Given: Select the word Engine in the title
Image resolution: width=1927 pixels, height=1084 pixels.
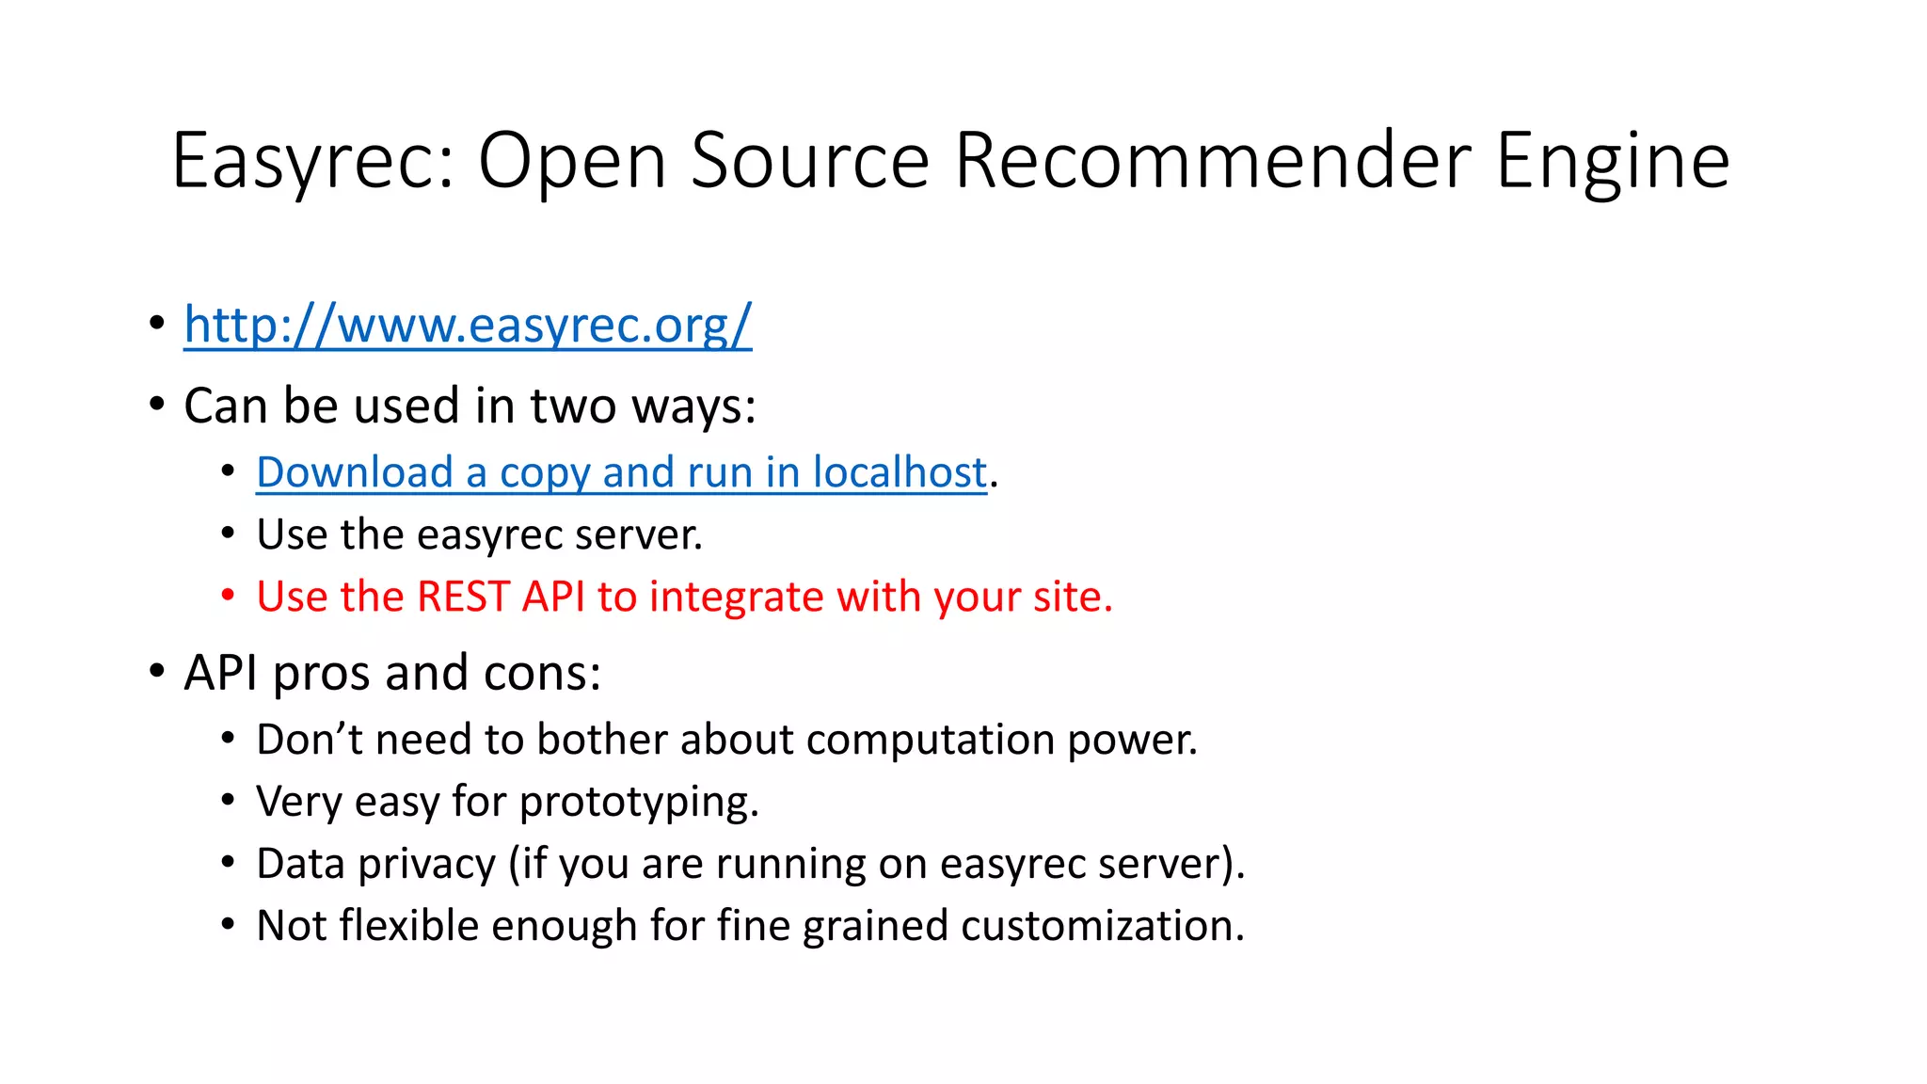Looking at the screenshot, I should coord(1613,162).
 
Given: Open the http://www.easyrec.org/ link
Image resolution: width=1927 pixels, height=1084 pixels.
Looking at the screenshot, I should coord(468,325).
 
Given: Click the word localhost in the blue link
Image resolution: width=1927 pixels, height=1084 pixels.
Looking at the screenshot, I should coord(900,471).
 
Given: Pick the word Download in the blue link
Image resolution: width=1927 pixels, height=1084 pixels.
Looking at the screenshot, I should coord(355,471).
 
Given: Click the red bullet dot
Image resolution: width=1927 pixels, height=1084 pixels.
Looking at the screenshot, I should coord(228,596).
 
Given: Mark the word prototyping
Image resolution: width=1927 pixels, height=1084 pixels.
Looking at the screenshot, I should coord(638,803).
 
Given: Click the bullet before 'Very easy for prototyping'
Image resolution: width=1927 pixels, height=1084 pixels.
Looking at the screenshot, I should coord(228,801).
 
